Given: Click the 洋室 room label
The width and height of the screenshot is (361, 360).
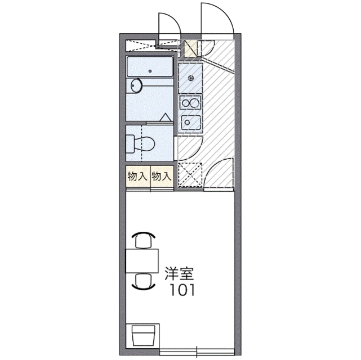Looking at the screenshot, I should pos(179,274).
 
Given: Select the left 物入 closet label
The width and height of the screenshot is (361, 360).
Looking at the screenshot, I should pos(137,176).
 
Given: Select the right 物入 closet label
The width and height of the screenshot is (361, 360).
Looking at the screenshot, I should pos(162,176).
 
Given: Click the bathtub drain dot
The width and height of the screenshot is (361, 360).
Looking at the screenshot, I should pos(150,71).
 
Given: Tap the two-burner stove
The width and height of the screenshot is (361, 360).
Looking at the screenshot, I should pos(190,103).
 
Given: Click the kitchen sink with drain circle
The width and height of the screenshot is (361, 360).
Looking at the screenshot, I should pos(190,122).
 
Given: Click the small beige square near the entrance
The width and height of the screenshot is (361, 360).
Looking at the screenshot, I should pos(190,49).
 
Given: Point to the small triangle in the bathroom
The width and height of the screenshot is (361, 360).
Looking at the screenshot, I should pos(166,117).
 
